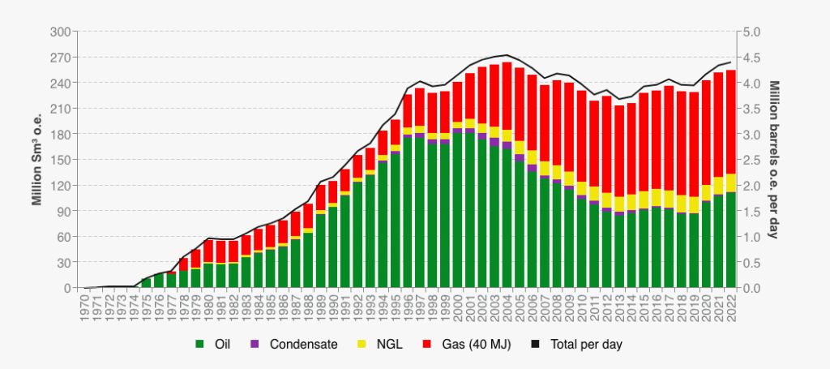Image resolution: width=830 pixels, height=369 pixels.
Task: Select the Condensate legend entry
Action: click(x=301, y=345)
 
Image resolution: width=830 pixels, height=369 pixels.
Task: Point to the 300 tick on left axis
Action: click(x=61, y=32)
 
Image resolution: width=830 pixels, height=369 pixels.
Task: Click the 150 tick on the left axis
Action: click(x=61, y=160)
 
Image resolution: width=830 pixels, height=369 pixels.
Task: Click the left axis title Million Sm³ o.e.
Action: click(x=36, y=160)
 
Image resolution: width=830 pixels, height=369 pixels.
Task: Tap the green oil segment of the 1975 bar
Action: click(x=147, y=283)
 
